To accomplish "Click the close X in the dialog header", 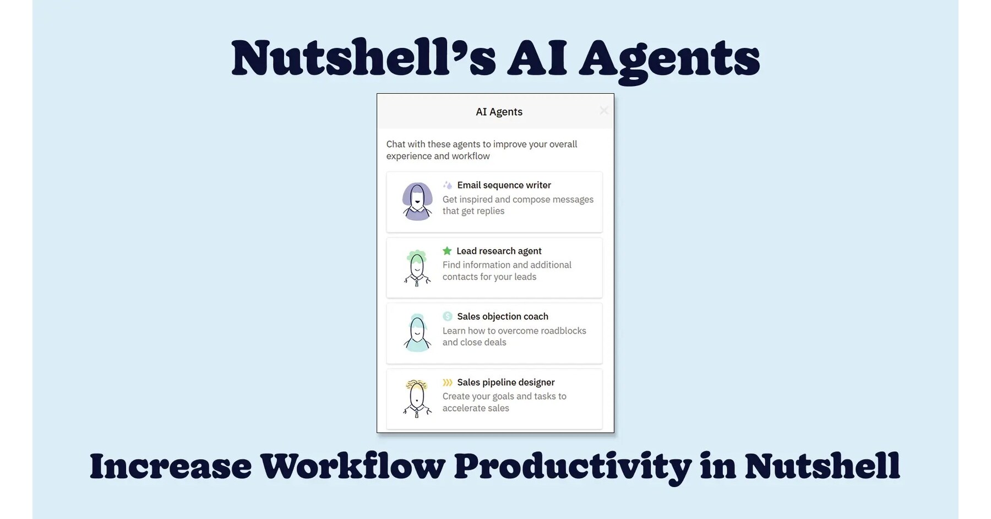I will (603, 111).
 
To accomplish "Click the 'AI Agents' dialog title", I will (499, 112).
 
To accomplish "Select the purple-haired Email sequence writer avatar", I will (417, 202).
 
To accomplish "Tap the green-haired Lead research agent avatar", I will (417, 268).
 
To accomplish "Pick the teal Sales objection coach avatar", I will (417, 333).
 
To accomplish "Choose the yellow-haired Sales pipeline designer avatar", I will (417, 398).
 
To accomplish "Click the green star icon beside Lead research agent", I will (447, 251).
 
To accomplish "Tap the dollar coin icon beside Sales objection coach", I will (448, 316).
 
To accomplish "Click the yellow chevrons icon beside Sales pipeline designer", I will (448, 382).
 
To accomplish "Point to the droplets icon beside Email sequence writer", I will (448, 185).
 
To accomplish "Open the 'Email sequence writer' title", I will (504, 185).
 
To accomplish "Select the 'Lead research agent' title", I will (499, 251).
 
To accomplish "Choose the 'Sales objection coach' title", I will (503, 316).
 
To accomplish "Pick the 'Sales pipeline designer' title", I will (505, 382).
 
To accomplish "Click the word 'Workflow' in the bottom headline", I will (352, 466).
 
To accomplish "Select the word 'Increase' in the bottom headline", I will (171, 466).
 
